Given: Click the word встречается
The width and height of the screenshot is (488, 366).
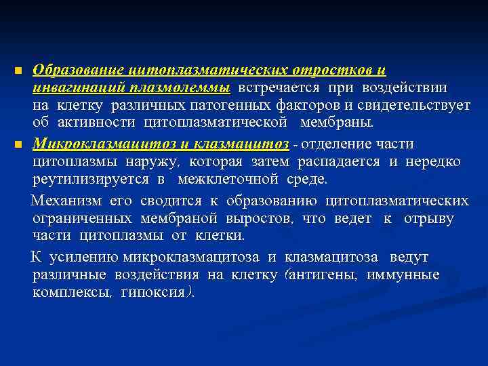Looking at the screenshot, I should click(279, 88).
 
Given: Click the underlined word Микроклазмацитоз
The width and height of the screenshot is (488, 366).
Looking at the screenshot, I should click(104, 144).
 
